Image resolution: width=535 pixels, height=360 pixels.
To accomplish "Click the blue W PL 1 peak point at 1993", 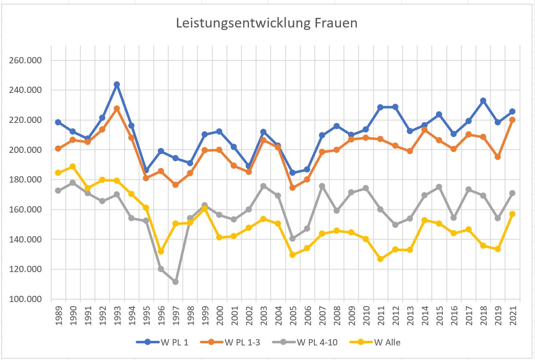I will (x=117, y=85).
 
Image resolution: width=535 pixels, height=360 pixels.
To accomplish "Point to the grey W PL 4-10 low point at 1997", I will (x=175, y=282).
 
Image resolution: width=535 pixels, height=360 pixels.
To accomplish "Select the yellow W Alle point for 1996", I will (x=161, y=251).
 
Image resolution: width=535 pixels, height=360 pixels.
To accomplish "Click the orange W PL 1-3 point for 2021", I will (x=513, y=120).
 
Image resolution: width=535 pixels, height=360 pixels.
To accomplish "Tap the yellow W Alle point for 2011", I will (x=380, y=259).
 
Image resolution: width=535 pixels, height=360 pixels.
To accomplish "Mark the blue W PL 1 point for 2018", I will (x=483, y=100).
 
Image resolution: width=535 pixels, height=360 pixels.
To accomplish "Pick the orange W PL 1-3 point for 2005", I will (x=293, y=187).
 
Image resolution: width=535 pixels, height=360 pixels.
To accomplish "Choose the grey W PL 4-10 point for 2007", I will (x=322, y=186).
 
